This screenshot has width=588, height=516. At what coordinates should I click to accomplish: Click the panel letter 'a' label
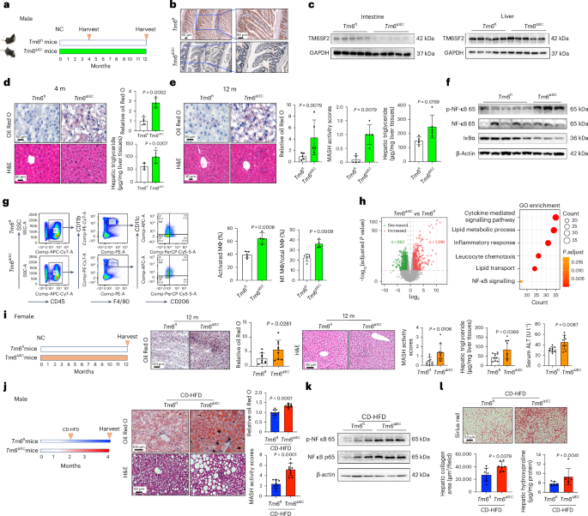point(5,7)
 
